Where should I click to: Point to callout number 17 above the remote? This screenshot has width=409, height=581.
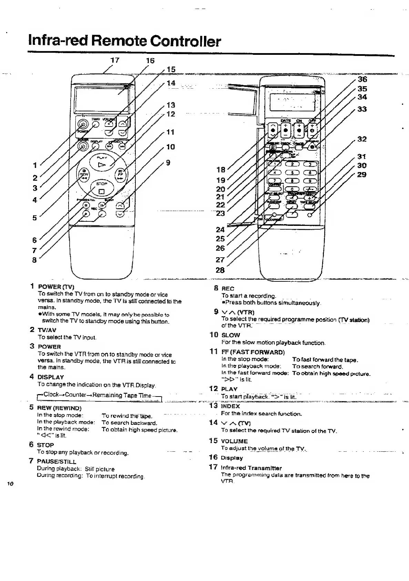click(114, 60)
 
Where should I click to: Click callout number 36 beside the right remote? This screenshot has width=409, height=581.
click(362, 79)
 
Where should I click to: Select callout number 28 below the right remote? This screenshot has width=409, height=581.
click(220, 270)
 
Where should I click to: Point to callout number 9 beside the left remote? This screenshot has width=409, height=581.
click(168, 162)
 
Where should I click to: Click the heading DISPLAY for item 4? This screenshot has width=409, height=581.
click(51, 377)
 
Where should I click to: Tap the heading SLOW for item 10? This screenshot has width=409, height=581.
click(231, 335)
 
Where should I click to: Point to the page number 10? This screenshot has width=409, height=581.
click(10, 484)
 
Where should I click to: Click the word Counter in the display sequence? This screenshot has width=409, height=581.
click(76, 395)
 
